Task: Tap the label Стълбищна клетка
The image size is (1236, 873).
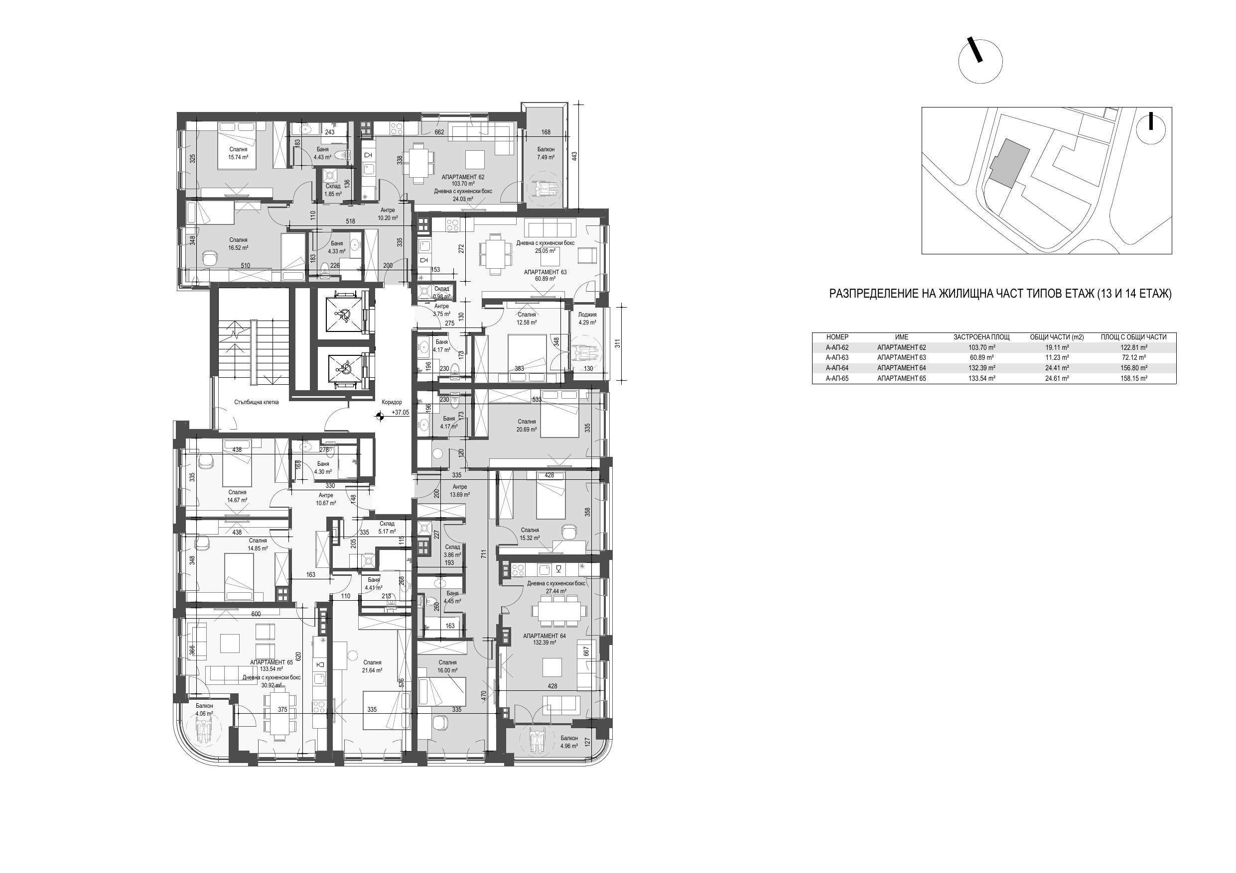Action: click(256, 402)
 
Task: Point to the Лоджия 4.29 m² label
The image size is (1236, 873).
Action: click(587, 319)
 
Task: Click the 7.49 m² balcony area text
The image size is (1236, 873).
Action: click(546, 158)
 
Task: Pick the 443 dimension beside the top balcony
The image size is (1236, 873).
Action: click(574, 156)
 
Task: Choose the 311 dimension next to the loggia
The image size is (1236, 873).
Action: click(617, 342)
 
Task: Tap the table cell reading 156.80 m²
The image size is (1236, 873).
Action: click(1134, 368)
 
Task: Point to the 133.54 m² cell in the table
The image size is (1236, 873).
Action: click(981, 379)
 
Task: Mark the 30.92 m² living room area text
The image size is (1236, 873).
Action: click(272, 686)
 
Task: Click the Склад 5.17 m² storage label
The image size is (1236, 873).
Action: click(387, 528)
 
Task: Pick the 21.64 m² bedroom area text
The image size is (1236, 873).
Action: click(372, 671)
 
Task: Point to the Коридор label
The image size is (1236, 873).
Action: click(392, 402)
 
